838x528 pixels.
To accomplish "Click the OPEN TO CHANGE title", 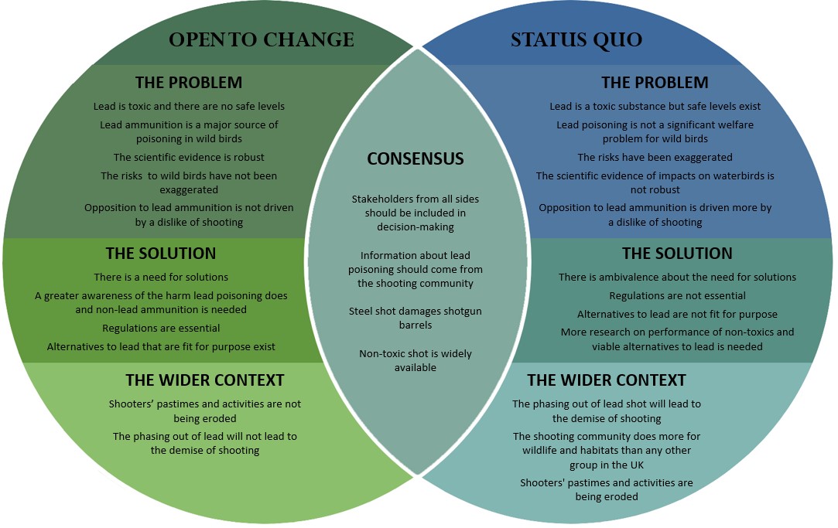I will pos(261,40).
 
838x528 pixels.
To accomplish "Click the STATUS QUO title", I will pos(576,40).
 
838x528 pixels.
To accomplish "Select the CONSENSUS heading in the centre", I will pos(416,159).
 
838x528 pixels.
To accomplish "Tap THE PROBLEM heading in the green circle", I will pos(188,83).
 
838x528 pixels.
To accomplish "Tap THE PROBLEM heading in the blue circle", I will pos(655,83).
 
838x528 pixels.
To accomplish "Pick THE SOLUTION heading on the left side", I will pos(161,254).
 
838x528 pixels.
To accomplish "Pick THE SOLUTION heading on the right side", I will pos(677,254).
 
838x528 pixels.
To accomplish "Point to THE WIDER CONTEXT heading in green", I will pos(205,380).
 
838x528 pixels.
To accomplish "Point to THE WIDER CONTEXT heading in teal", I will pos(606,380).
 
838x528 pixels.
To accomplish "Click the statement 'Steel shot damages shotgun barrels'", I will pos(415,318).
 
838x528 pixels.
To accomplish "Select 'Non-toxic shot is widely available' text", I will pos(416,360).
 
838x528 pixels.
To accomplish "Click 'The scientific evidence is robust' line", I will pos(189,158).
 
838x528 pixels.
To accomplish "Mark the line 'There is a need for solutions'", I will pos(161,277).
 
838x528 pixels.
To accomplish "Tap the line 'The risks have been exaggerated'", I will pos(655,158).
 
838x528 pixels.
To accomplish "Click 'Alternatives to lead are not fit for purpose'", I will pos(677,315).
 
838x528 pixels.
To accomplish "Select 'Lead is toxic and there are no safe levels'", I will pos(189,107).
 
